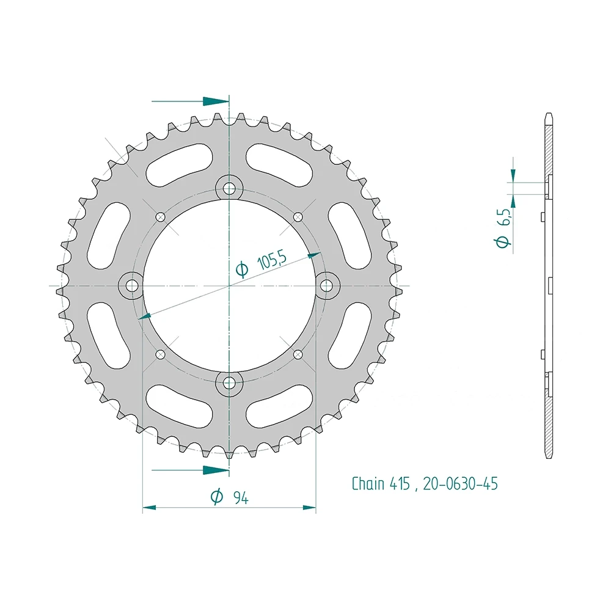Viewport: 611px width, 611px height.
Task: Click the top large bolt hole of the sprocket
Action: coord(229,187)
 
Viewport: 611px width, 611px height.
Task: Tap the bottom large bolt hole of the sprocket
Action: coord(229,383)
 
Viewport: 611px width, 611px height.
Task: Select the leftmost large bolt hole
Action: coord(131,285)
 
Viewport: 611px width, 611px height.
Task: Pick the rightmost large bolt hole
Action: coord(327,285)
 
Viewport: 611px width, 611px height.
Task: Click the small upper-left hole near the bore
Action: coord(161,216)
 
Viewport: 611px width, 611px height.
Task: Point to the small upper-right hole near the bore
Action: coord(298,216)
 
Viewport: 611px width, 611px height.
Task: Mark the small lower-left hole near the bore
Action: coord(161,354)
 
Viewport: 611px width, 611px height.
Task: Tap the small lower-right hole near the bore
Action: coord(298,354)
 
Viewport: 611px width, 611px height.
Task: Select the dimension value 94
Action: coord(240,498)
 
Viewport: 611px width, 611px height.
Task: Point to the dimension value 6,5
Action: coord(504,217)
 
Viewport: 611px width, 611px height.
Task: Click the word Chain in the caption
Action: coord(368,484)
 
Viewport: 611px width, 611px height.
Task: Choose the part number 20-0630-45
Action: coord(460,484)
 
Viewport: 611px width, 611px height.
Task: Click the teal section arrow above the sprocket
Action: coord(214,101)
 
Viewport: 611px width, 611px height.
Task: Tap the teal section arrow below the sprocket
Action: coord(214,470)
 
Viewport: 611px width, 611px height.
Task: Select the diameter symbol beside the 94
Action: coord(216,498)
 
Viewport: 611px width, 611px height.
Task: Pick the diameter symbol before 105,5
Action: coord(242,269)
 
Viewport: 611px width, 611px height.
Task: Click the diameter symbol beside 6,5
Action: coord(503,243)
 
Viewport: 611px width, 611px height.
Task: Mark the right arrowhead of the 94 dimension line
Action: coord(310,507)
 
